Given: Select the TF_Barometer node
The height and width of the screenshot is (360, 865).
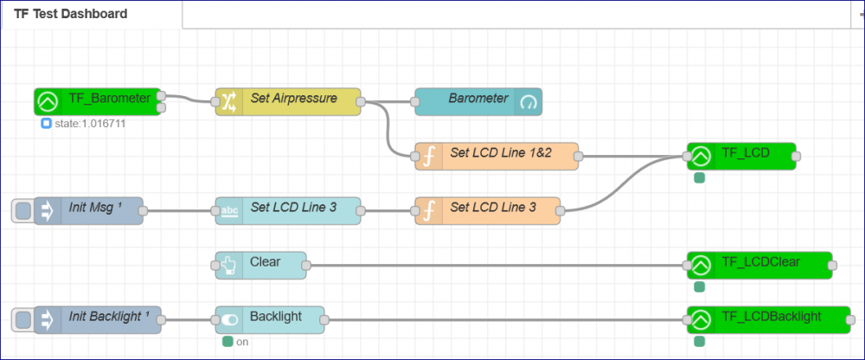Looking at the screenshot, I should coord(108,101).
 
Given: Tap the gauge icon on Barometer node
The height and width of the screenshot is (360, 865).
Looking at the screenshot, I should coord(528,102).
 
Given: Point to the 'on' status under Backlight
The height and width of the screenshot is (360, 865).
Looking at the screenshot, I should coord(242,342).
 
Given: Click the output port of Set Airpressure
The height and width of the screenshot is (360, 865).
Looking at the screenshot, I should coord(360,101).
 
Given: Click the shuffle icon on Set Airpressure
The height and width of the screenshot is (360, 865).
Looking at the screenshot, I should coord(227,101).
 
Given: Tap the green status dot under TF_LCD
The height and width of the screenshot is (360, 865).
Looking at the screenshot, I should coord(699,178).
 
